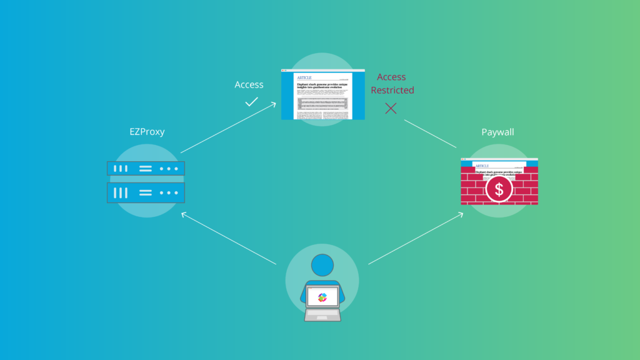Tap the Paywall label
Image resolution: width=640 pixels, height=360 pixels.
click(498, 132)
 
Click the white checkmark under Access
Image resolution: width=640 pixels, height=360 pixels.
click(251, 101)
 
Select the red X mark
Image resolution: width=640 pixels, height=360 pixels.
click(391, 108)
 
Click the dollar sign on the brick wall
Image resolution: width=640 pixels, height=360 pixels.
click(499, 189)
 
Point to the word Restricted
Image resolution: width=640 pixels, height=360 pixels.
click(392, 90)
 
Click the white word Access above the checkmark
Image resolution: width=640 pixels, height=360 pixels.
click(249, 84)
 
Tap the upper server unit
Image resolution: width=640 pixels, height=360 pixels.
click(146, 169)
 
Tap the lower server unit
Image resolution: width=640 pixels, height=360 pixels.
click(146, 192)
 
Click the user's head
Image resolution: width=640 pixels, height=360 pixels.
click(322, 266)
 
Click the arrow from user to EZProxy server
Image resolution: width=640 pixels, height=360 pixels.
click(228, 238)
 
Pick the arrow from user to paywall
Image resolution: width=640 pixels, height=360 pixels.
click(416, 238)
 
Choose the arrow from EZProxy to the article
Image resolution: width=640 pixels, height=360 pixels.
click(228, 128)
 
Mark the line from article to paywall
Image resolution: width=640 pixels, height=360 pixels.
click(430, 134)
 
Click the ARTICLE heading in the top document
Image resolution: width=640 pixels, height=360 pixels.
click(304, 78)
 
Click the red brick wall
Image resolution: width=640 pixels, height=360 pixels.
click(475, 191)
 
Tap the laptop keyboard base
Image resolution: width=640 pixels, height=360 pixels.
click(322, 315)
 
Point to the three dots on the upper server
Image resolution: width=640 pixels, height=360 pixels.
click(169, 169)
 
